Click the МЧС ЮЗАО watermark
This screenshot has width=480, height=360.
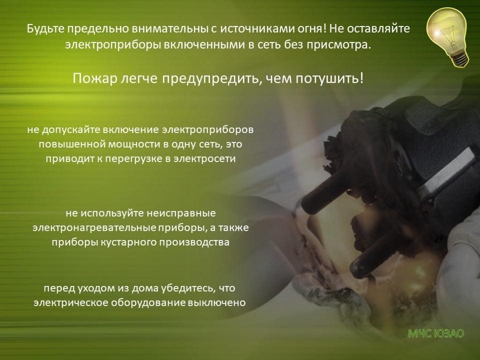[436, 333]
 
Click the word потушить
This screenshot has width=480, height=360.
[329, 79]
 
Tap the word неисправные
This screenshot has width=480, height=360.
[181, 213]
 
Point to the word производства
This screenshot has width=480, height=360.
[190, 242]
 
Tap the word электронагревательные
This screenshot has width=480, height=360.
[94, 228]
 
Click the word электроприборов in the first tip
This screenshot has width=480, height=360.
[207, 130]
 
